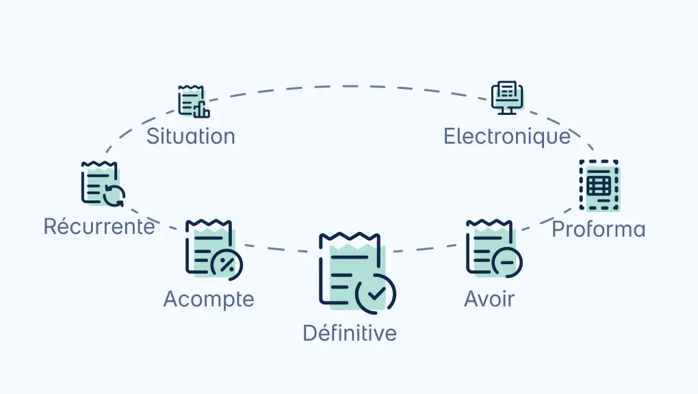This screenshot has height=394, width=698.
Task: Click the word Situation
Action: (x=190, y=136)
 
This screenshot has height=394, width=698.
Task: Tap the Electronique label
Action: (x=506, y=136)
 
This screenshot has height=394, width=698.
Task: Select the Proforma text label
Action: (x=598, y=229)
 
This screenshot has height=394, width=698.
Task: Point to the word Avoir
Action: (x=489, y=299)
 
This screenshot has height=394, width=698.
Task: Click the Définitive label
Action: (x=350, y=332)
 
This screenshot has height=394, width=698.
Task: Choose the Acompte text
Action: (x=209, y=299)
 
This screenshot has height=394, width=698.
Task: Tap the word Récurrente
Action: (x=99, y=226)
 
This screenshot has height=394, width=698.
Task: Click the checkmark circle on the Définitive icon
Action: (x=376, y=293)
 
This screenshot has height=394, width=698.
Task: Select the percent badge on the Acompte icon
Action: (x=227, y=265)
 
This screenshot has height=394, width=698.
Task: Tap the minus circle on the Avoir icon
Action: (x=507, y=262)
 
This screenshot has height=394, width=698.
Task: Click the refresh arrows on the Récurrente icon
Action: (x=114, y=196)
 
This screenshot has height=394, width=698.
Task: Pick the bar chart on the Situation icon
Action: (x=201, y=110)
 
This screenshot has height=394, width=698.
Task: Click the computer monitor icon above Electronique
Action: (x=507, y=98)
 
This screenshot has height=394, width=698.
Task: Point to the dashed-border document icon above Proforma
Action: (x=599, y=185)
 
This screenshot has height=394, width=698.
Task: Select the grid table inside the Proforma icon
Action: (x=599, y=185)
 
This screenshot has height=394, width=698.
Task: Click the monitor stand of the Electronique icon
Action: (x=507, y=111)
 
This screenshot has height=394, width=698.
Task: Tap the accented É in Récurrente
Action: (x=51, y=225)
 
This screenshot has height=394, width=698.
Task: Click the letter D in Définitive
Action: (x=310, y=333)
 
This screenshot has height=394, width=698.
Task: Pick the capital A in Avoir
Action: (x=472, y=299)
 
